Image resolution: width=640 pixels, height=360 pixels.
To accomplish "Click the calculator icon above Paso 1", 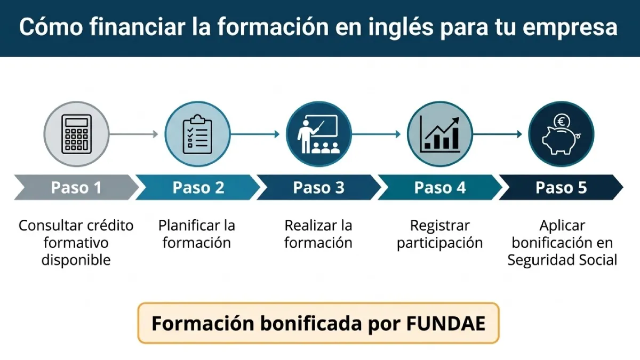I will [x=76, y=134].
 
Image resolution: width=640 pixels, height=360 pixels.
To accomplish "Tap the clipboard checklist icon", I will [x=197, y=134].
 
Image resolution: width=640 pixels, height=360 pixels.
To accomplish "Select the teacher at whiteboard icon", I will [x=318, y=134].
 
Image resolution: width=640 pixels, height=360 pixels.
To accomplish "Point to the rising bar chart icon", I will [x=440, y=134].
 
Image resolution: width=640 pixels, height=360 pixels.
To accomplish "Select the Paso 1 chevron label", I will [x=76, y=188].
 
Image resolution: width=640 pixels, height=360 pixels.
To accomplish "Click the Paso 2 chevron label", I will [x=198, y=188].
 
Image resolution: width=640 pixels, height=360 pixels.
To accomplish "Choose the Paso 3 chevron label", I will [x=318, y=188].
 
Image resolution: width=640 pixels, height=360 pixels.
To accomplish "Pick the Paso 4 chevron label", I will [x=440, y=188].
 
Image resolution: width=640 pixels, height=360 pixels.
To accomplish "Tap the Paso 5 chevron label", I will [x=561, y=188].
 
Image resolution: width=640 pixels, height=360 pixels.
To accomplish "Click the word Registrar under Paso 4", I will [x=440, y=225].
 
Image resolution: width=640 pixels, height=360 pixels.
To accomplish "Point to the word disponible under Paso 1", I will [x=76, y=260].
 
